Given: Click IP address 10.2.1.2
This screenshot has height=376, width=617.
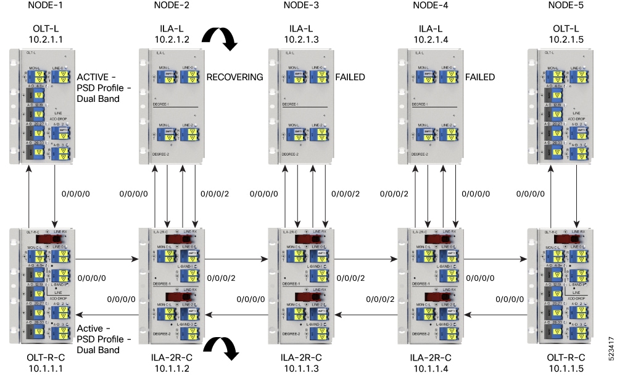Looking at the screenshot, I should point(171,40).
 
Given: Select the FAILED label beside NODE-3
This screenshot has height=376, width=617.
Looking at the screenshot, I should point(350,77).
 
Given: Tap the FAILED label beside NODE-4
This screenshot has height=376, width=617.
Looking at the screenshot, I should point(480,77).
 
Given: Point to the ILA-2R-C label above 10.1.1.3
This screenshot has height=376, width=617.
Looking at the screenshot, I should point(301,357).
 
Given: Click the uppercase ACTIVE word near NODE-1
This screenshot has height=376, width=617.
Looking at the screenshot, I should point(92,77).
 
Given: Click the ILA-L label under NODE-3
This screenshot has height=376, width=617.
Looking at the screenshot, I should point(301,29).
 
